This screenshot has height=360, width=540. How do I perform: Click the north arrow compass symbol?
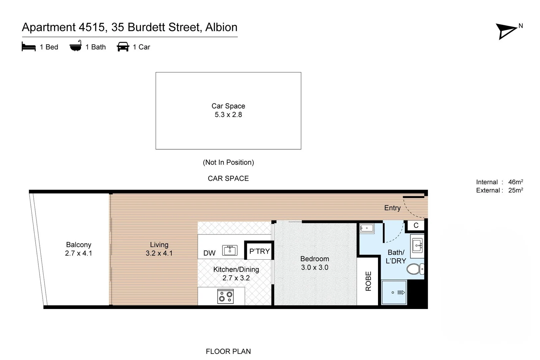[506, 31]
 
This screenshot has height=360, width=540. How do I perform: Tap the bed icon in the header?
[29, 47]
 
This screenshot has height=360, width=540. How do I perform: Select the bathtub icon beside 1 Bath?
[76, 46]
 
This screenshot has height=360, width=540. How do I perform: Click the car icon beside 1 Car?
[123, 47]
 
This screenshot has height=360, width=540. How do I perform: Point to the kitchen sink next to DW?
[230, 250]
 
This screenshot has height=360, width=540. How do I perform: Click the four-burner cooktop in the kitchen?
[225, 296]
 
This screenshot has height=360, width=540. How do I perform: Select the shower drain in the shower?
[393, 293]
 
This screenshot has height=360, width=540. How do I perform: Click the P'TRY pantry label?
[259, 251]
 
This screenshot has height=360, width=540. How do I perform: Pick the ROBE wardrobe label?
[368, 281]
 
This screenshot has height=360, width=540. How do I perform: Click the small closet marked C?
[416, 225]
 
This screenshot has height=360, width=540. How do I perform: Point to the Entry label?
[392, 208]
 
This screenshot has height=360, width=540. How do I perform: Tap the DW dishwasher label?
[209, 253]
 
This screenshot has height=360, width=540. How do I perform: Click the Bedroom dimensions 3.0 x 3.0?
[315, 267]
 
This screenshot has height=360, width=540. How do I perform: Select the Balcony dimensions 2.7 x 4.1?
[78, 253]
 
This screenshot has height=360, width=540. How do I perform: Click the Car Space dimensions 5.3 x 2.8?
[228, 115]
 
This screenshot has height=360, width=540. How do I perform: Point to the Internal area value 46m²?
[515, 182]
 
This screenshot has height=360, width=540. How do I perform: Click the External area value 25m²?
[515, 190]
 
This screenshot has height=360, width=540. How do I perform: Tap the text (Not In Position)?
[228, 162]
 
